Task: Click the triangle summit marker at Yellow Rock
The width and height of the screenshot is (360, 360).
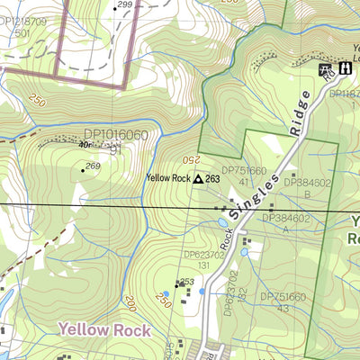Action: pos(197,179)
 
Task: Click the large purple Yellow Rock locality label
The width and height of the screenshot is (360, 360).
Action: pos(104,330)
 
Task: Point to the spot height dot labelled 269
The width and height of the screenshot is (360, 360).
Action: pos(83,170)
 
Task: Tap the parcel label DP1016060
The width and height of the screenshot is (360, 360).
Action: pos(114,136)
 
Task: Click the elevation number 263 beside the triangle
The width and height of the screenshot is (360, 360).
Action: pos(213,179)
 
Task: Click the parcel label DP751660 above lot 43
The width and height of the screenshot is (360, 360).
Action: pos(284,296)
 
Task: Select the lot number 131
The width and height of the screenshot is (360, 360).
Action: pos(203,266)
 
